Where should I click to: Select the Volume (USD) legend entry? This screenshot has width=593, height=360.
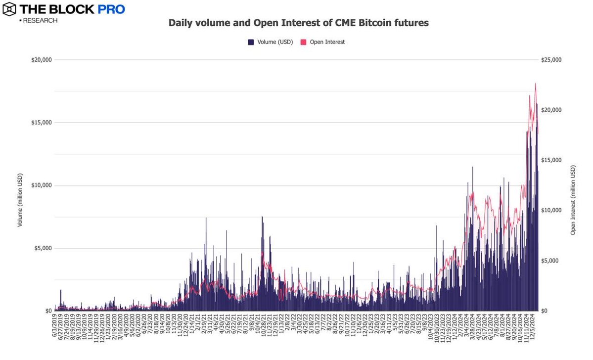point(270,42)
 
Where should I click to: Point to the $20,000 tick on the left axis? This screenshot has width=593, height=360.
point(41,60)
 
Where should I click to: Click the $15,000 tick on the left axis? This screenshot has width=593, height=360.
point(41,123)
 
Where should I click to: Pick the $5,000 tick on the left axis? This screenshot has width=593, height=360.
point(43,248)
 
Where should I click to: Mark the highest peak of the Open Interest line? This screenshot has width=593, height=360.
point(536,83)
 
